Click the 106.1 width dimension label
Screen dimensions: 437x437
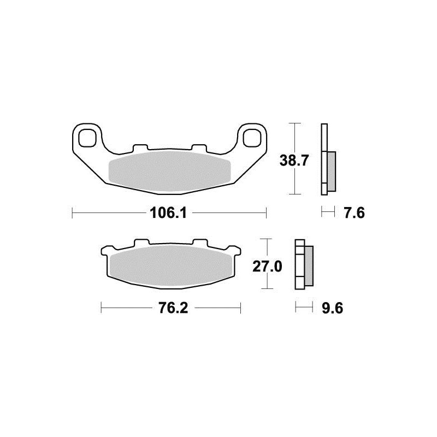tap(168, 213)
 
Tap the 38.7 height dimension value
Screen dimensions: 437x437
tap(294, 160)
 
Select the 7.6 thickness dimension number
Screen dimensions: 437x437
tap(354, 213)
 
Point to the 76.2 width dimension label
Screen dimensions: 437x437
tap(173, 308)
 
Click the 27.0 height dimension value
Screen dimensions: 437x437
tap(267, 267)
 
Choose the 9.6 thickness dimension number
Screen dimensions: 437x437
tap(332, 308)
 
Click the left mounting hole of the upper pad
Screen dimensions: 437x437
tap(87, 138)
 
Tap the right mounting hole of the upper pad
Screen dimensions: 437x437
tap(252, 138)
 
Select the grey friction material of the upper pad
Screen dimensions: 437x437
tap(169, 172)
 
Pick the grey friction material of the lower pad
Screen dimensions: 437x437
tap(171, 266)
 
